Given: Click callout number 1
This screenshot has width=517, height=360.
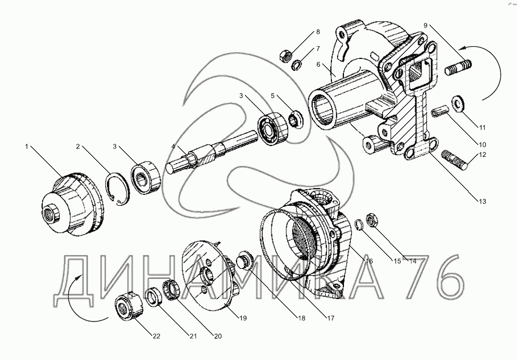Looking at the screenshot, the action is click(26, 147).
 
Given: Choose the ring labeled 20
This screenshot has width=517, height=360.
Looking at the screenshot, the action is click(171, 289).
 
